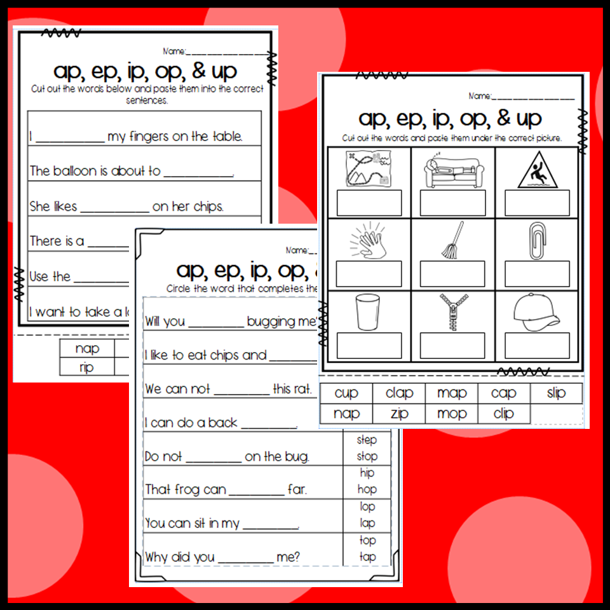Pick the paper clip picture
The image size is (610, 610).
click(x=537, y=240)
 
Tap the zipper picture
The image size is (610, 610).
click(x=452, y=312)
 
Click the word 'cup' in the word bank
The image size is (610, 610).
click(x=346, y=393)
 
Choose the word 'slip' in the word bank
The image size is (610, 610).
click(x=556, y=393)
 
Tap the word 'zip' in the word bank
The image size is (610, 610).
click(x=399, y=414)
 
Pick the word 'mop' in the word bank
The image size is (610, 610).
click(x=452, y=414)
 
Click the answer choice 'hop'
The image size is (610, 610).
click(x=367, y=489)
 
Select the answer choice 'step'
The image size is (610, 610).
click(x=367, y=440)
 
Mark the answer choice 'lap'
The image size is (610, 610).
click(x=367, y=523)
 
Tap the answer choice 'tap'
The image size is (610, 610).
click(x=367, y=557)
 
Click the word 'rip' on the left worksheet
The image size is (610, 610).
click(x=86, y=367)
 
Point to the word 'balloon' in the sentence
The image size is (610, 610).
click(x=79, y=171)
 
